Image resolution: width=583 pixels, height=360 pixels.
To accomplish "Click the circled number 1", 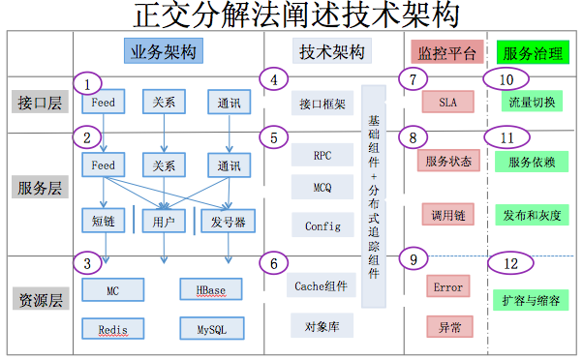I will (x=87, y=83).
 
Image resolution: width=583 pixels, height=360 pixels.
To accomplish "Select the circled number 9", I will (x=413, y=259).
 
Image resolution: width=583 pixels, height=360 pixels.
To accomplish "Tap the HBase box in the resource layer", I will (x=211, y=289).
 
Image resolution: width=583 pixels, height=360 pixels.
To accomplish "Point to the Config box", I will (x=322, y=225).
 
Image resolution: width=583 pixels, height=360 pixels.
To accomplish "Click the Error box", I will (x=448, y=287).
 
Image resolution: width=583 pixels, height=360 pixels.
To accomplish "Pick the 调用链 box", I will (x=446, y=213).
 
